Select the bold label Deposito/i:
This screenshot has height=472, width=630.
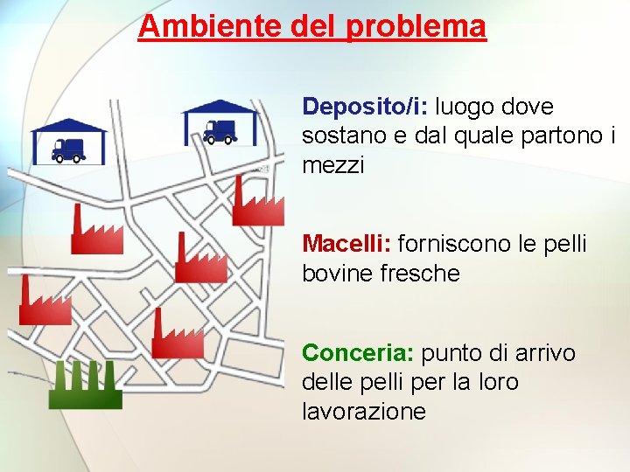[365, 107]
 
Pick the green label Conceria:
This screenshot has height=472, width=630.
[358, 353]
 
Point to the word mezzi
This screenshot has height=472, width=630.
[332, 164]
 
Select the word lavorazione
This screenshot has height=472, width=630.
[364, 411]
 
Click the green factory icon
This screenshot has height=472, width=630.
[85, 387]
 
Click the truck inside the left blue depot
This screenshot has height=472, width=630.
[67, 149]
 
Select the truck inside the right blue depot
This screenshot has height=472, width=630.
[220, 131]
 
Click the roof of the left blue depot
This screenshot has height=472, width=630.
[68, 125]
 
